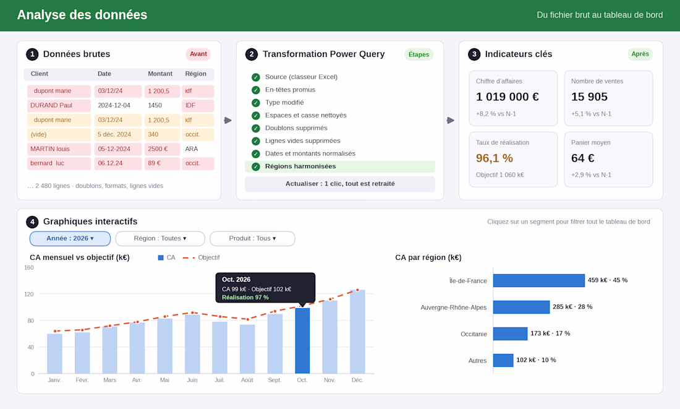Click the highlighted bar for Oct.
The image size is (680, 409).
[x=302, y=341]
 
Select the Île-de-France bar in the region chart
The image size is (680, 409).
[x=539, y=280]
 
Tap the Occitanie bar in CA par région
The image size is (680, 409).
[x=511, y=334]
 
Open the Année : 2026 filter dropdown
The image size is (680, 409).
[x=70, y=238]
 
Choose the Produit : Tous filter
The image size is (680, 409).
[x=252, y=238]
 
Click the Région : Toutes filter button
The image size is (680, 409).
[x=160, y=238]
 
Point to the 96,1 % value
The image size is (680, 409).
[x=495, y=158]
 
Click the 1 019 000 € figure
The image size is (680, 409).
[x=508, y=97]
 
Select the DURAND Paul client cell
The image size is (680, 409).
[x=59, y=106]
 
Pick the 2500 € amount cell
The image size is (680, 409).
[x=162, y=149]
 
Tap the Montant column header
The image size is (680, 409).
[x=160, y=74]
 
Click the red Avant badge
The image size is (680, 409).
[x=198, y=54]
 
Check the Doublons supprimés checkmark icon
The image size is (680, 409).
[x=256, y=129]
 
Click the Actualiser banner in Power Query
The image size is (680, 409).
[x=340, y=184]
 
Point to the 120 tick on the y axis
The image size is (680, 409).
[x=29, y=295]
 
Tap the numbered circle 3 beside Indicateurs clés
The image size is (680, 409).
[x=474, y=54]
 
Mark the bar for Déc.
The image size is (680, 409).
[x=357, y=332]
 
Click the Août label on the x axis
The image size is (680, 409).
[x=247, y=381]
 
